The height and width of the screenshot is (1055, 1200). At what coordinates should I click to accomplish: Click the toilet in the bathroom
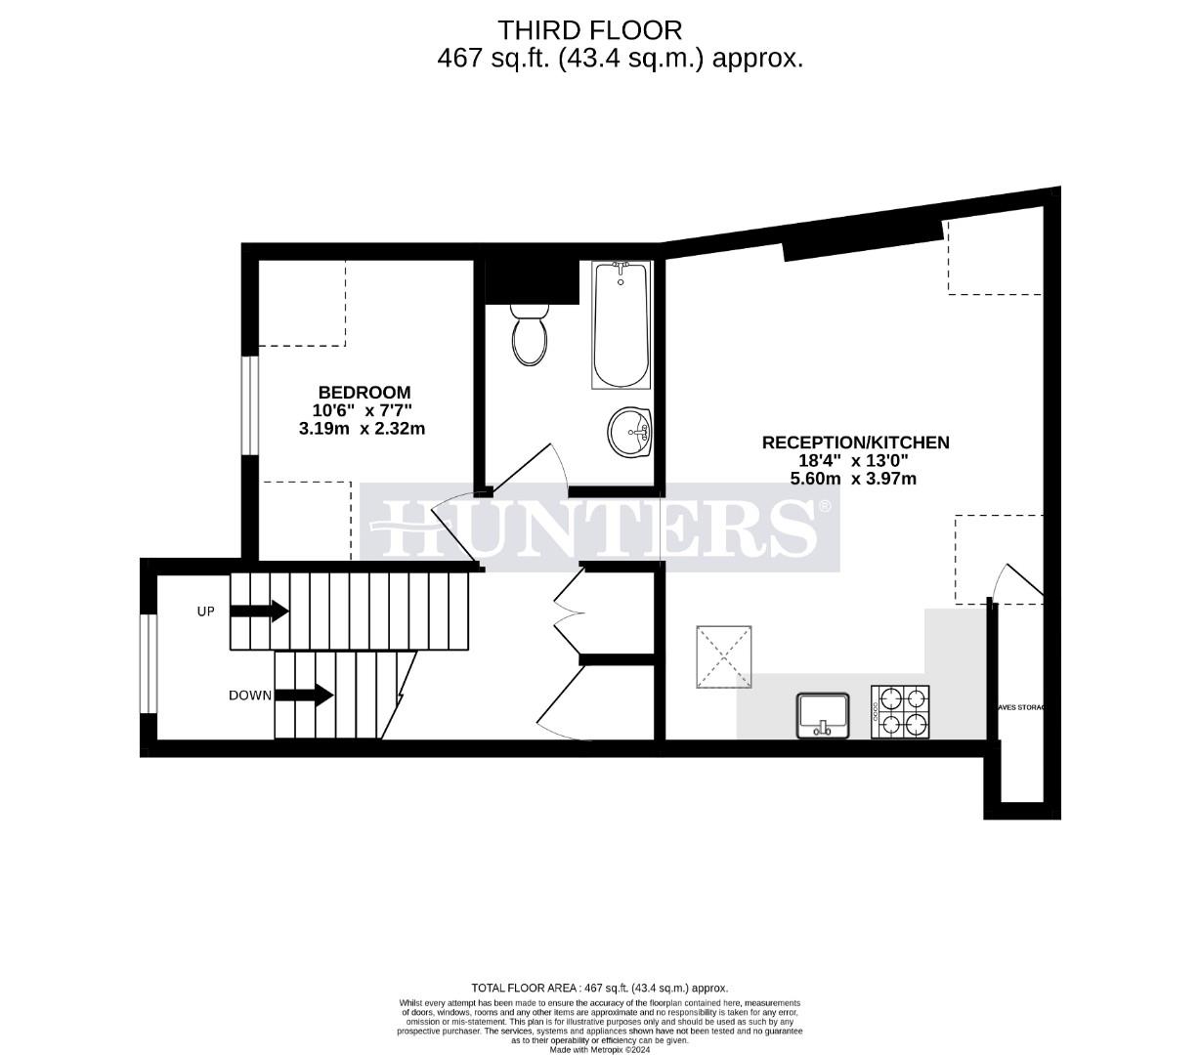530,333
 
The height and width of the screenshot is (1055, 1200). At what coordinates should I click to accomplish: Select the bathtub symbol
620,324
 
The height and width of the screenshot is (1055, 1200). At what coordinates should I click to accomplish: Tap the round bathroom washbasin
630,431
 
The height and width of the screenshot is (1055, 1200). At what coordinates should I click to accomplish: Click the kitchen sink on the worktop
824,715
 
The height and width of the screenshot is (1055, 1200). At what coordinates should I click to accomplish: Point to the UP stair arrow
259,612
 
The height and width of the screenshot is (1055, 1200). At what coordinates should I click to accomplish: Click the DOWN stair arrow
304,696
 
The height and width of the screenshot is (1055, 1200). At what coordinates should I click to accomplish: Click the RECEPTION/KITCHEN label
855,443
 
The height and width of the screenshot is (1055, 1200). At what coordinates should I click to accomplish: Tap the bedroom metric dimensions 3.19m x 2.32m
363,428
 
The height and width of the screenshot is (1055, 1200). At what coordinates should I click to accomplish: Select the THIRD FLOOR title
590,29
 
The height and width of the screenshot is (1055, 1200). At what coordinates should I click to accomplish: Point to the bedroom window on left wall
250,405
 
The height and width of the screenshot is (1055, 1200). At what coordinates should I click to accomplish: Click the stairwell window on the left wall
148,664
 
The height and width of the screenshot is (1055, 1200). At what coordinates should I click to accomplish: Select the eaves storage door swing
1018,581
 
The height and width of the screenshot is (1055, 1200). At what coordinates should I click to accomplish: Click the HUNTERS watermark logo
600,527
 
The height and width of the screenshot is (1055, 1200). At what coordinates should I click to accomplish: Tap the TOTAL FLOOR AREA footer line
599,988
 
